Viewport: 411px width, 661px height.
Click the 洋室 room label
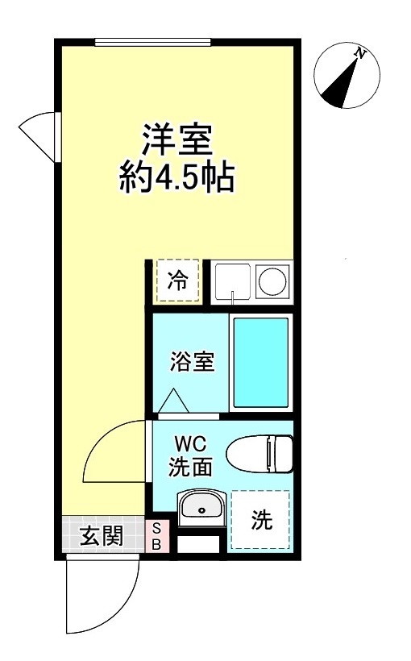pyautogui.click(x=176, y=140)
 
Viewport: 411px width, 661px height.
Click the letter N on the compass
pyautogui.click(x=360, y=55)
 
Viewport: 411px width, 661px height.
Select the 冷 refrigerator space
pyautogui.click(x=177, y=281)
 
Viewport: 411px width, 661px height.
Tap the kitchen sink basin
pyautogui.click(x=232, y=281)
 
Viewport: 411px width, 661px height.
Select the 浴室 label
pyautogui.click(x=191, y=363)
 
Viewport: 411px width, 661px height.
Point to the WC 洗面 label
pyautogui.click(x=190, y=455)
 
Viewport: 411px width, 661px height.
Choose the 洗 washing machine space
pyautogui.click(x=259, y=521)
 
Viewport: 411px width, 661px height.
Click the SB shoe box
pyautogui.click(x=157, y=535)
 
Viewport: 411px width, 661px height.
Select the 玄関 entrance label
pyautogui.click(x=102, y=535)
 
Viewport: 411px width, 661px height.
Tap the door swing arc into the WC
pyautogui.click(x=114, y=454)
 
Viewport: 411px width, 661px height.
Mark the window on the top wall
pyautogui.click(x=152, y=42)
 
